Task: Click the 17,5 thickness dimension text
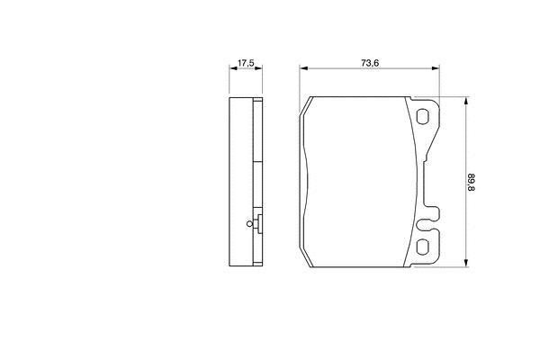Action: [x=246, y=63]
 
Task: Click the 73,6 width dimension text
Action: [x=370, y=63]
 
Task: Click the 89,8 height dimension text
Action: [x=471, y=183]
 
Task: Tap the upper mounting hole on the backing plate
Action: [x=422, y=116]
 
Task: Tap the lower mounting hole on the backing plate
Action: [x=422, y=247]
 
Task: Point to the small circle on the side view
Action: [x=249, y=224]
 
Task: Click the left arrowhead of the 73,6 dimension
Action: [x=303, y=68]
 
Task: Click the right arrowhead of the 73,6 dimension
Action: [x=436, y=68]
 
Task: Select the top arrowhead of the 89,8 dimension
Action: [x=466, y=101]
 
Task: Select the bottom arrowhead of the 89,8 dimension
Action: [x=466, y=263]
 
